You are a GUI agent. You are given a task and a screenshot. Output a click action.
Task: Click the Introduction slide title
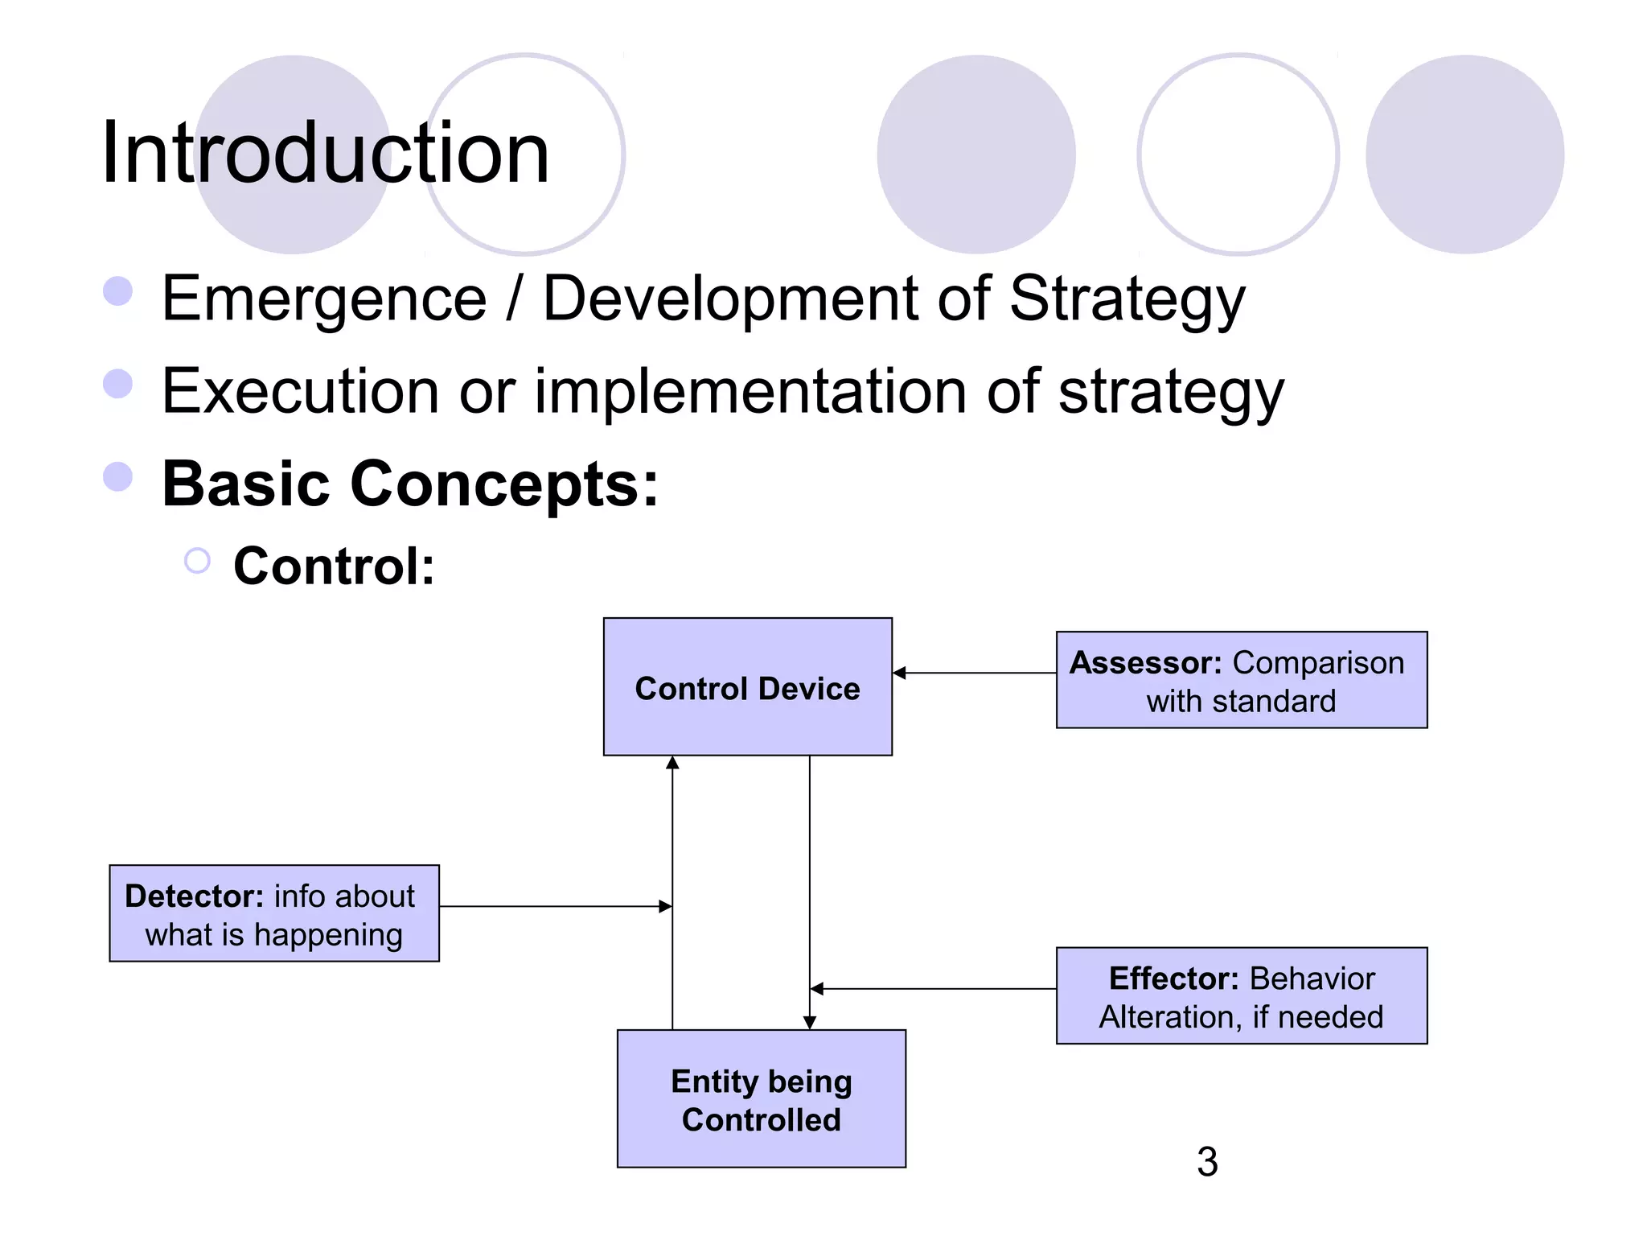click(x=325, y=153)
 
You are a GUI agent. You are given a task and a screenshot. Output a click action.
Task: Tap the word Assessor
click(x=1145, y=663)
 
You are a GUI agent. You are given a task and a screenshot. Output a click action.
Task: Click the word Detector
click(x=194, y=896)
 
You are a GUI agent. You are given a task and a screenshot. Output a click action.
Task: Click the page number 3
click(x=1206, y=1161)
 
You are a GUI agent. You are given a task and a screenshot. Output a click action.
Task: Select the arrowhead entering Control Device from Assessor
click(x=900, y=673)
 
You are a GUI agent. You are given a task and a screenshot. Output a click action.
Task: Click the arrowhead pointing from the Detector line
click(x=665, y=907)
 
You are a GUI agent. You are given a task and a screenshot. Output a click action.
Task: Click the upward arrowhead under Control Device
click(x=672, y=763)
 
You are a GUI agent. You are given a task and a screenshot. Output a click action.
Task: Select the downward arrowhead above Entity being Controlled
click(x=810, y=1022)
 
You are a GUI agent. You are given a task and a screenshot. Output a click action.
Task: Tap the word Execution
click(x=299, y=392)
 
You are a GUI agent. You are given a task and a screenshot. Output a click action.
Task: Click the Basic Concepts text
click(x=410, y=484)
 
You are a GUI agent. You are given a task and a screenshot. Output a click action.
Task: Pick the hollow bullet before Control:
click(x=197, y=561)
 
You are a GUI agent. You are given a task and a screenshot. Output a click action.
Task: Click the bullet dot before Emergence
click(x=118, y=291)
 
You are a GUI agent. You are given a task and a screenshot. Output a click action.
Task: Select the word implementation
click(x=750, y=392)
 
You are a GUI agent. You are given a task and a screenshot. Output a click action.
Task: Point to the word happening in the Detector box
click(x=328, y=935)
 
